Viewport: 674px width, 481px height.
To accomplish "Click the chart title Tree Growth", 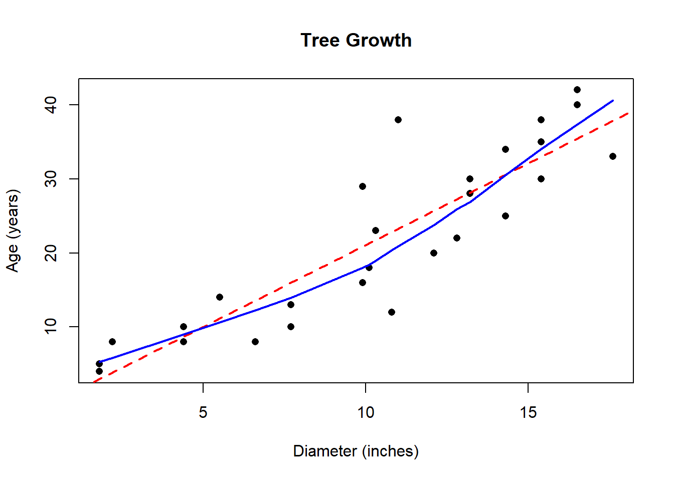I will (x=356, y=40).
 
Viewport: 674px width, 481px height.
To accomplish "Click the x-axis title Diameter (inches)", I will (x=356, y=451).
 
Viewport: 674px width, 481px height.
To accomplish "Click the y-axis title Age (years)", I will (x=13, y=230).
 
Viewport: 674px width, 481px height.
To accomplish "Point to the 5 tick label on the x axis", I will (x=203, y=412).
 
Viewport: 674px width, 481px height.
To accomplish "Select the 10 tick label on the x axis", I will (x=366, y=412).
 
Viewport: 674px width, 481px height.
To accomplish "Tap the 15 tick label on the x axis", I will (x=528, y=412).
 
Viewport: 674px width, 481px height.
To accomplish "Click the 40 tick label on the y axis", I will (x=51, y=105).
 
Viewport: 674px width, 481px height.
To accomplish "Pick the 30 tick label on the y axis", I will (x=51, y=179).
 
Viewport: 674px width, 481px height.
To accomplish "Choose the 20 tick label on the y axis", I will (x=51, y=253).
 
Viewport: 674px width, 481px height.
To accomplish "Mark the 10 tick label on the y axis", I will (x=51, y=327).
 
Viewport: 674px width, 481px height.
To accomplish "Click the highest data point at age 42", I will (x=577, y=90).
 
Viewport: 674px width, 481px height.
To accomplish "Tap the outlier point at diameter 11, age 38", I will (x=398, y=120).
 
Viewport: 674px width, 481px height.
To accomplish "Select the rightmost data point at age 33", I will (x=613, y=156).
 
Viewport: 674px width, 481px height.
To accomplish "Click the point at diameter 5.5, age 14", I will (x=220, y=297).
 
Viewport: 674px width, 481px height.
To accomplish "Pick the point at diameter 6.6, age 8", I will (x=255, y=342).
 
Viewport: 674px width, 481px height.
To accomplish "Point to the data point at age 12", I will (x=392, y=312).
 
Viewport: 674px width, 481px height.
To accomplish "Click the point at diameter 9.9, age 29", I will (x=363, y=186).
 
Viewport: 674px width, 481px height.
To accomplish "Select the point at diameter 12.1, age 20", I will (x=434, y=253).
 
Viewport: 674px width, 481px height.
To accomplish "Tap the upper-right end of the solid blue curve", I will (x=612, y=101).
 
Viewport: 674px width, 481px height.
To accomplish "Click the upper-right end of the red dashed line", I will (x=628, y=113).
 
